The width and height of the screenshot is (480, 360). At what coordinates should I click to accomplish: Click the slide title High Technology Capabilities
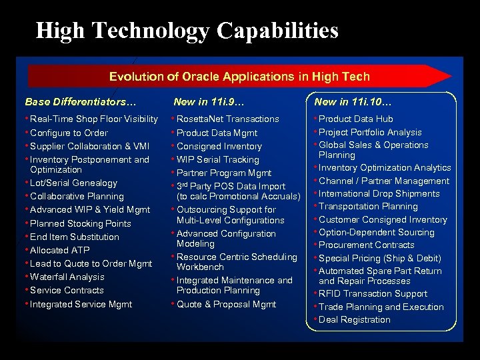pos(187,31)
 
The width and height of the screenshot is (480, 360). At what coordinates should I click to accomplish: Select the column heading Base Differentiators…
pos(81,102)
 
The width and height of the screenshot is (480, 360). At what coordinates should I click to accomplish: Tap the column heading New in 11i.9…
pos(209,102)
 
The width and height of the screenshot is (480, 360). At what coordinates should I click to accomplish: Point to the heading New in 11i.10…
pos(353,102)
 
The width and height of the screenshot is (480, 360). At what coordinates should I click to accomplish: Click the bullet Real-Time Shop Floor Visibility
pos(94,119)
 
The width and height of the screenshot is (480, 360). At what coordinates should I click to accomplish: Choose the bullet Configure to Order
pos(69,133)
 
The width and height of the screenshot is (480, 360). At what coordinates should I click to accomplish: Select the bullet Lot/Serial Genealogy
pos(73,183)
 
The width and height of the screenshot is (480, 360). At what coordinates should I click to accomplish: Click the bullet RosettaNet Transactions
pos(227,119)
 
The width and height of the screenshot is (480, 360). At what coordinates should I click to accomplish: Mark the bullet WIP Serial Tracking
pos(217,159)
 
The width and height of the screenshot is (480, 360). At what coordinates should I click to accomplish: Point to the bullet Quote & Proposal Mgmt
pos(226,304)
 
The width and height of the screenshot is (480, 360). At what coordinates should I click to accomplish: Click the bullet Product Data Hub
pos(355,119)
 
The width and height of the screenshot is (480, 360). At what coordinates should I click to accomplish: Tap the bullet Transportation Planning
pos(368,207)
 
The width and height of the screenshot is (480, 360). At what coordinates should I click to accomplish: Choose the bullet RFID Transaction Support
pos(373,293)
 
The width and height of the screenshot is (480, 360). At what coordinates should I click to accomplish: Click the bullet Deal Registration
pos(354,319)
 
